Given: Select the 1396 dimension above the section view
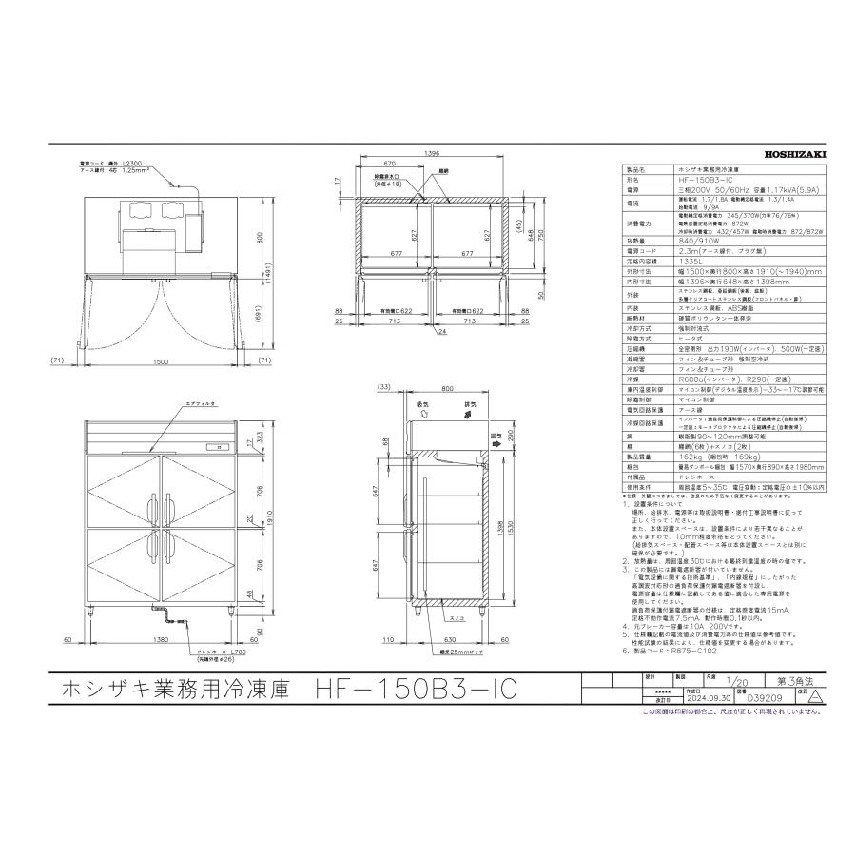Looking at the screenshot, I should click(433, 153).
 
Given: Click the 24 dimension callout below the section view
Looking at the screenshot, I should click(442, 332).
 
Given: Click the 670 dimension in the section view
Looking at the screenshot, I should click(391, 163).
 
